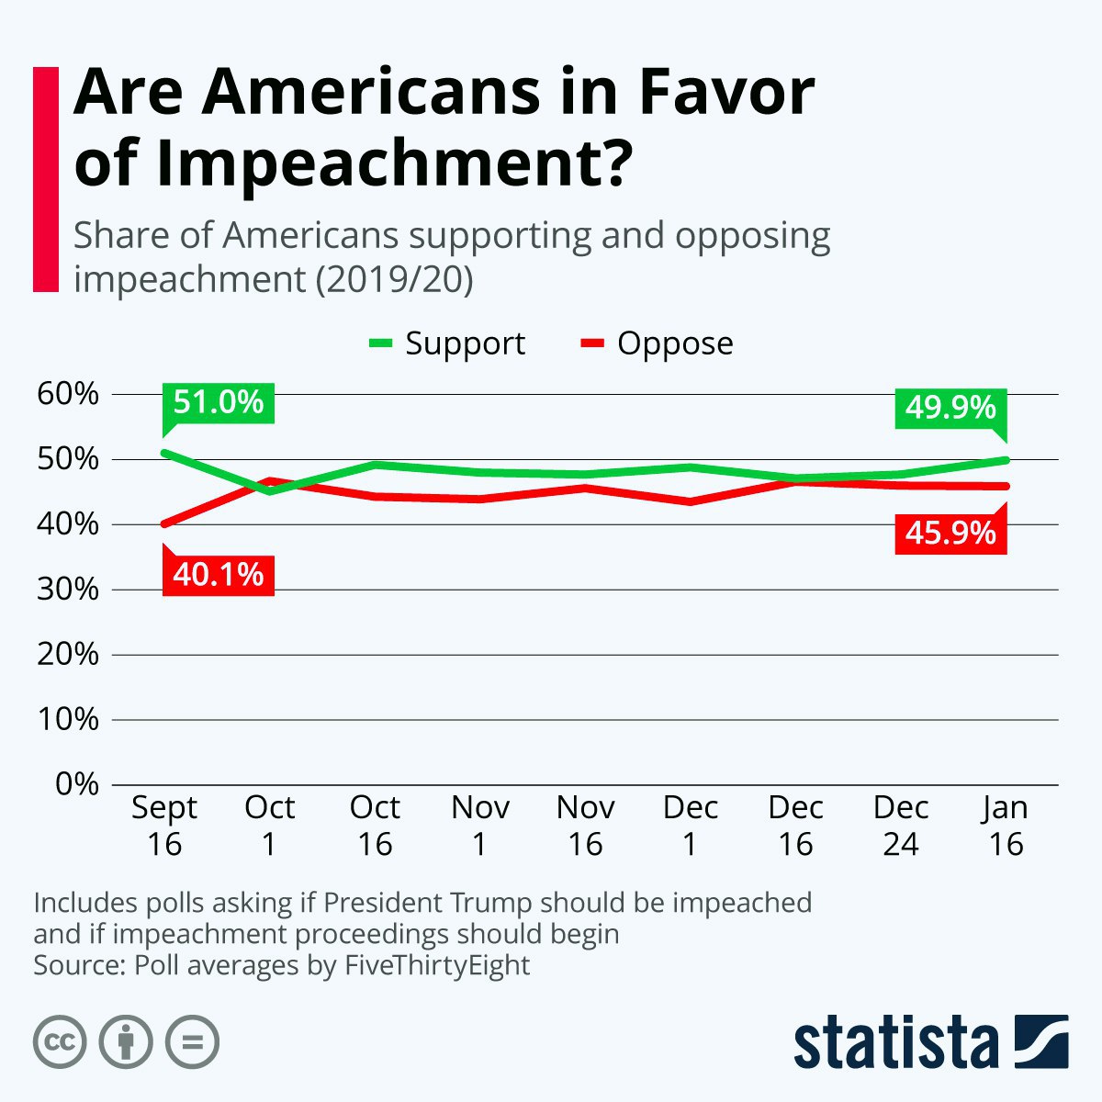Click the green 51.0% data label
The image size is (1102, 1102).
218,403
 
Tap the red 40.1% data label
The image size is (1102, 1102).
218,575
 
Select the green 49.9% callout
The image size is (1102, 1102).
950,409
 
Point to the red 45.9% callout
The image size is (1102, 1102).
950,534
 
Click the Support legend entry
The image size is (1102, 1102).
446,343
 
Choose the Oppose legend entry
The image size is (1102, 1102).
657,343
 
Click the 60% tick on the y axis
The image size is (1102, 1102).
67,394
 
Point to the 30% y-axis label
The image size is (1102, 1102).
67,589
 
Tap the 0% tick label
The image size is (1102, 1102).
76,784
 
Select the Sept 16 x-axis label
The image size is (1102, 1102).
164,826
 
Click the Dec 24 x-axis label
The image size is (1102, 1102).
901,826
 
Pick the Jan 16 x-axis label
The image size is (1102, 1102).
1006,826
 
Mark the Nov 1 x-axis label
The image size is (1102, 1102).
479,826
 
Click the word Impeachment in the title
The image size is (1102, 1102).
395,163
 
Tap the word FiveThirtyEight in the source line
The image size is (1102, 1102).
437,965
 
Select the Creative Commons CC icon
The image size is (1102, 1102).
60,1042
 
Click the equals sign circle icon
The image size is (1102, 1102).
192,1042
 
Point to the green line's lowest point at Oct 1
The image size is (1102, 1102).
269,491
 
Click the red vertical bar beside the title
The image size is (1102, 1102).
46,180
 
